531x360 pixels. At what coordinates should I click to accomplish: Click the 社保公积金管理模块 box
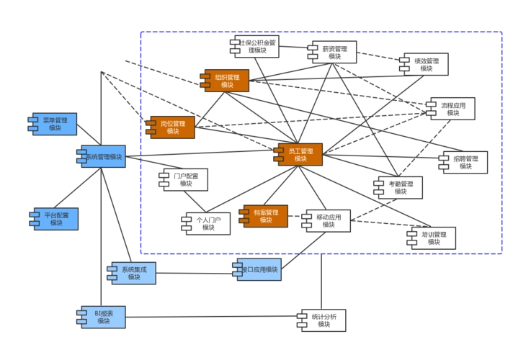coord(253,47)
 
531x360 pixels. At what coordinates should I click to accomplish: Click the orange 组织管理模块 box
coord(226,81)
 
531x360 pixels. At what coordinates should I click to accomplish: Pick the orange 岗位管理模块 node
coord(171,127)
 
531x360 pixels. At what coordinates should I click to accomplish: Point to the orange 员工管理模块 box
coord(299,155)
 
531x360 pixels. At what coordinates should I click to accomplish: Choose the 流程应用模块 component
coord(452,109)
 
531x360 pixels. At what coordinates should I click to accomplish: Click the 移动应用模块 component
coord(328,220)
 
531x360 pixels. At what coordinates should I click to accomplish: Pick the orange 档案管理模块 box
coord(264,216)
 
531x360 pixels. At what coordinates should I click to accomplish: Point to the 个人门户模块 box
coord(208,223)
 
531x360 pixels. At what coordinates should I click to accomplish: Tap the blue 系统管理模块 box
coord(102,157)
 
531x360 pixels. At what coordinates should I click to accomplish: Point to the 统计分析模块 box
coord(323,320)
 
